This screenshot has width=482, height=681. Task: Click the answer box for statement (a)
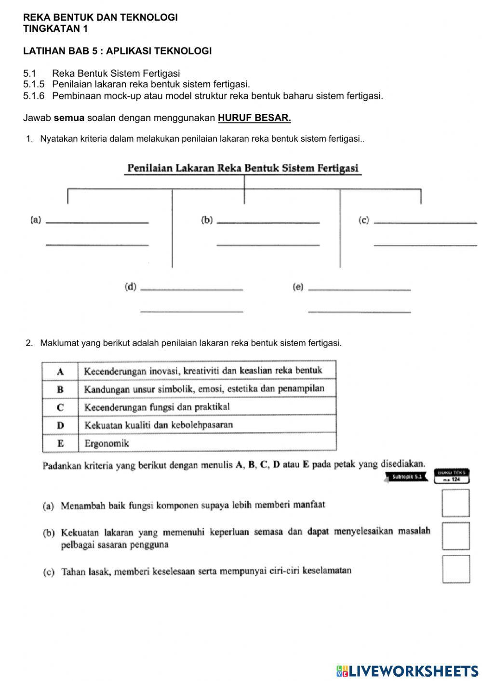[455, 503]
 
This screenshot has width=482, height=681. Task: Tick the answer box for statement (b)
[455, 536]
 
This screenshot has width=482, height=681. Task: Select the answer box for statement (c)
[456, 569]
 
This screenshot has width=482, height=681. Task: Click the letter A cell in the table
[60, 371]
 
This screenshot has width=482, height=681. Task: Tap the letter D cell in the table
[60, 425]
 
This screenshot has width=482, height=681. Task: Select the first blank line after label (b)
[268, 222]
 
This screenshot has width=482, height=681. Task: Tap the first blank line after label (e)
[359, 289]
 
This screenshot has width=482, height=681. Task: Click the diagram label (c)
[364, 220]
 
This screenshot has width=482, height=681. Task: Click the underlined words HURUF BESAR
[254, 118]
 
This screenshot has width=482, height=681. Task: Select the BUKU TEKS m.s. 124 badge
[452, 476]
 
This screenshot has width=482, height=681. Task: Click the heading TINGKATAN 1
[55, 28]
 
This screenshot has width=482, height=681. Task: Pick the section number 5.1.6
[34, 95]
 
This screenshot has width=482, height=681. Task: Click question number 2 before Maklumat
[30, 343]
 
